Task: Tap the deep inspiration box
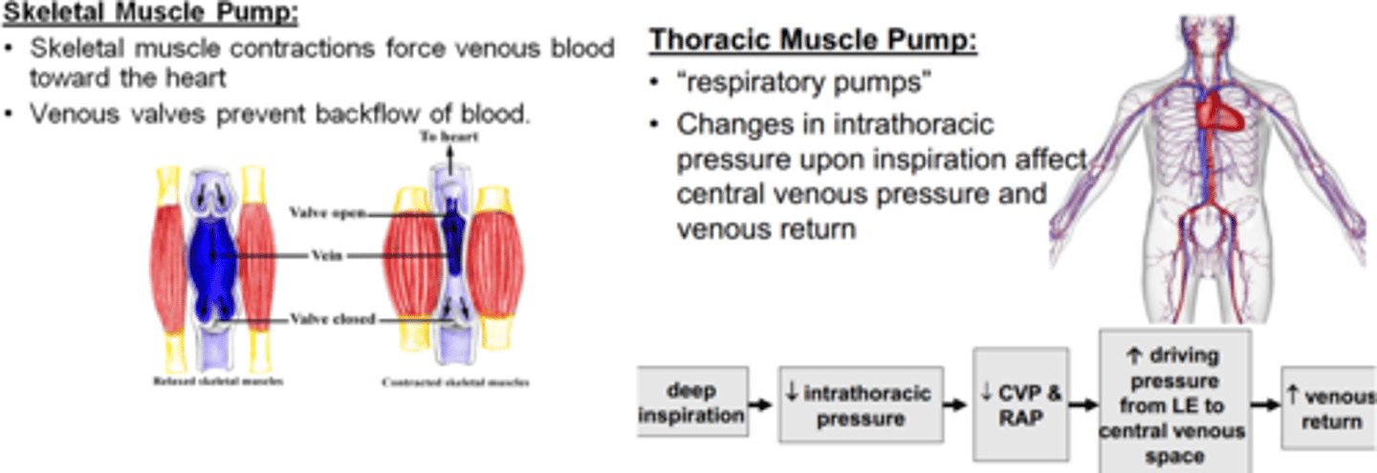tap(692, 404)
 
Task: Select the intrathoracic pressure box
tap(860, 404)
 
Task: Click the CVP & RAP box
tap(1019, 404)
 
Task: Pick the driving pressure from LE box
tap(1174, 401)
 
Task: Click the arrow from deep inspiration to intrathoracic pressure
tap(760, 405)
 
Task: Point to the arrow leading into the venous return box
tap(1265, 405)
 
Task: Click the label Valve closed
tap(336, 319)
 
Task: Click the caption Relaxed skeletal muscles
tap(218, 381)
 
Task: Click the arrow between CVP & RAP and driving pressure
tap(1082, 405)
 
